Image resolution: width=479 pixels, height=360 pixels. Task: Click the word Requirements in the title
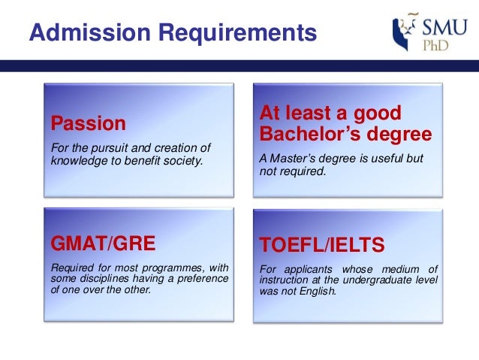238,33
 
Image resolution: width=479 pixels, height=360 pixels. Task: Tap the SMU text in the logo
444,28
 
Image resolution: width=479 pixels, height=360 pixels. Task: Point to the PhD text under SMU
435,45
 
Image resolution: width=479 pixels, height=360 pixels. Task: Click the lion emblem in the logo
404,32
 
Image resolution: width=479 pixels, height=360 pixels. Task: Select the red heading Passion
89,123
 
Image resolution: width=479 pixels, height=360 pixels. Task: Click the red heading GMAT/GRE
103,244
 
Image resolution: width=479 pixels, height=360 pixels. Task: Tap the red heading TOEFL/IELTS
321,245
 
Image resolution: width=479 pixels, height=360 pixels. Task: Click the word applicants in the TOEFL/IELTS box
309,270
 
